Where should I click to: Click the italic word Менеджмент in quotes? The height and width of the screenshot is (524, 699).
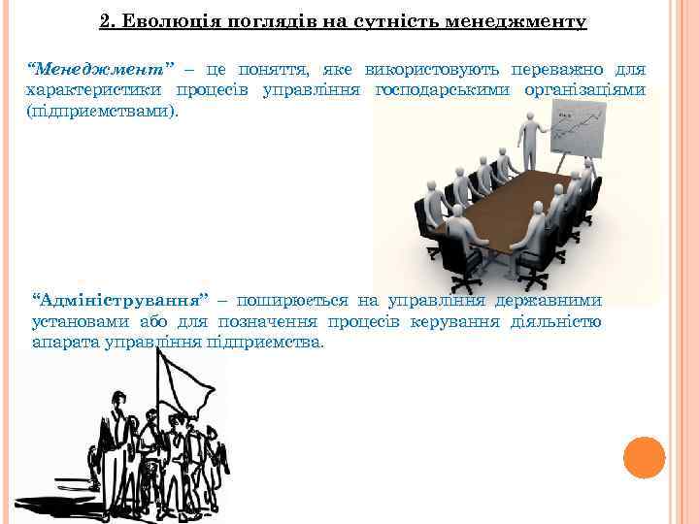(x=101, y=70)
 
